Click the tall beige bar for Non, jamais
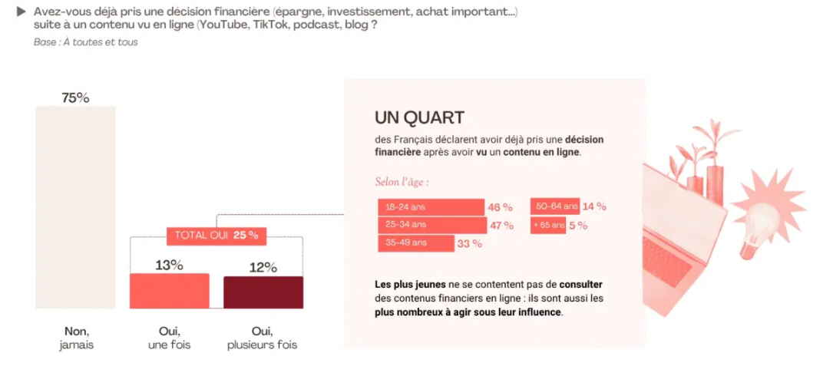coord(75,207)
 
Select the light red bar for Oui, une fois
coord(169,291)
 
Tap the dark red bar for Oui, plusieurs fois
coord(263,292)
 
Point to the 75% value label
coord(75,97)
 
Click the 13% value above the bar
coord(169,265)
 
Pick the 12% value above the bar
coord(263,267)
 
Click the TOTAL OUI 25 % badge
coord(217,235)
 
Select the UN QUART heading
coord(419,117)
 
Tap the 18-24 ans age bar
coord(431,207)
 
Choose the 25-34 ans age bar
coord(432,225)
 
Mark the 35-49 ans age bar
coord(415,243)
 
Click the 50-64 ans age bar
coord(554,206)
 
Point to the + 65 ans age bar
coord(548,225)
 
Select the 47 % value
coord(501,226)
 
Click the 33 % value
coord(470,244)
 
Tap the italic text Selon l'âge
coord(402,183)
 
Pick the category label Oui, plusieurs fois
coord(262,338)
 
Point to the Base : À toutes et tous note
coord(86,42)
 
